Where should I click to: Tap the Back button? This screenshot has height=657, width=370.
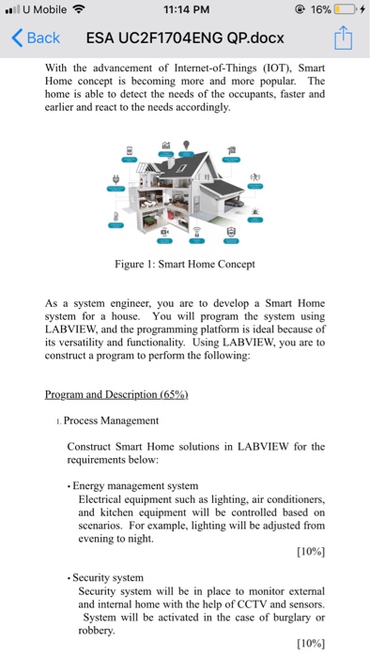click(36, 38)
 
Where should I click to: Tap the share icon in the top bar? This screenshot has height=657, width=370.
click(345, 38)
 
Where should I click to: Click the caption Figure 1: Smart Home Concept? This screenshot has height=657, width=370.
click(185, 264)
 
